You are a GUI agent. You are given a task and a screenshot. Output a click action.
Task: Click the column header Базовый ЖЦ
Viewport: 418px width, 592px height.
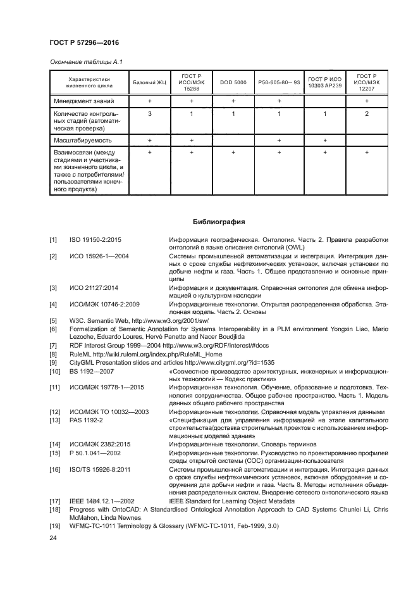click(x=150, y=83)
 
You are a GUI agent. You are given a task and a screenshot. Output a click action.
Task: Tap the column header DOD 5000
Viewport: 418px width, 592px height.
click(x=233, y=83)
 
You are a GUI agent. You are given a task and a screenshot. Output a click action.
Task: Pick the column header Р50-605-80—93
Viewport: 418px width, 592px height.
click(x=278, y=83)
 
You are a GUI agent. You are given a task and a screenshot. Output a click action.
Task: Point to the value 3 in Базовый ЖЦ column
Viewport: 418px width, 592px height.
click(x=150, y=114)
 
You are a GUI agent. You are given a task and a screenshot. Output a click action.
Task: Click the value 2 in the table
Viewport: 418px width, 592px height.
click(x=367, y=114)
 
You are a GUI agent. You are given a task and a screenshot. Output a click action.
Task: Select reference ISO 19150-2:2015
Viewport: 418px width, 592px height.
click(x=95, y=240)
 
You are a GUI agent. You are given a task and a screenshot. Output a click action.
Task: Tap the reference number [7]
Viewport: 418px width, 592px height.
click(x=54, y=346)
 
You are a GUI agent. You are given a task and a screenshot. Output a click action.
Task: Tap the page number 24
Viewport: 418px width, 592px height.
click(x=53, y=539)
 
